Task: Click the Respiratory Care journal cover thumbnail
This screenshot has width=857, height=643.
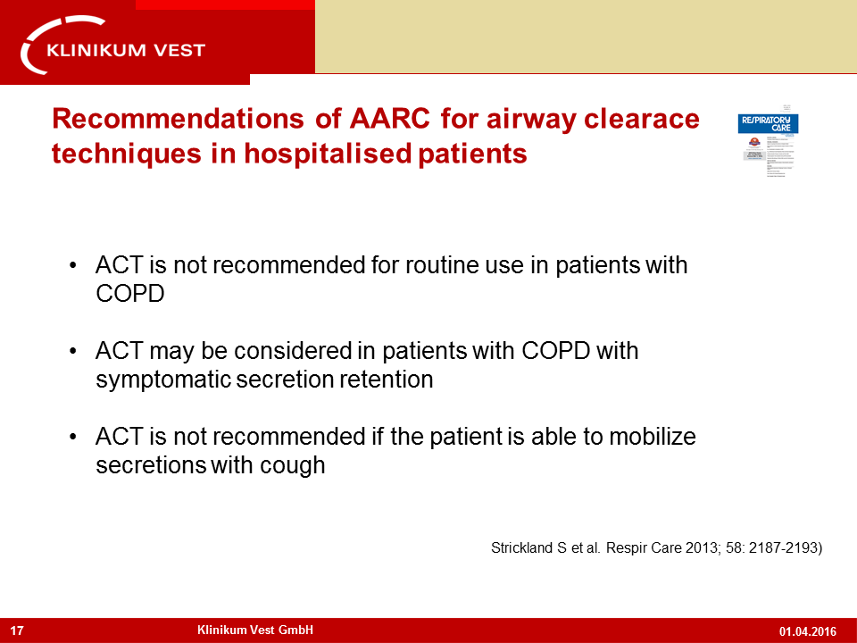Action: (768, 139)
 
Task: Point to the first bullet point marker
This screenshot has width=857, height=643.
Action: (73, 267)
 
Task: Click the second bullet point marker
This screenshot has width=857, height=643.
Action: (73, 352)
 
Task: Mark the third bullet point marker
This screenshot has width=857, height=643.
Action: (73, 438)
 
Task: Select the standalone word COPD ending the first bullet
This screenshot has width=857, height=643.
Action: (129, 294)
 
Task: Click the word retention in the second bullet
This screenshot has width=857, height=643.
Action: (389, 380)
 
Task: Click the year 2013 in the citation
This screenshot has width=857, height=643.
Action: (684, 549)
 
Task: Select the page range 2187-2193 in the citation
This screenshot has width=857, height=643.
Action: (780, 549)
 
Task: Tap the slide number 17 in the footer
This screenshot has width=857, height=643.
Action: (17, 630)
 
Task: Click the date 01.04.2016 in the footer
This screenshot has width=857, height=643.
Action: (807, 631)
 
